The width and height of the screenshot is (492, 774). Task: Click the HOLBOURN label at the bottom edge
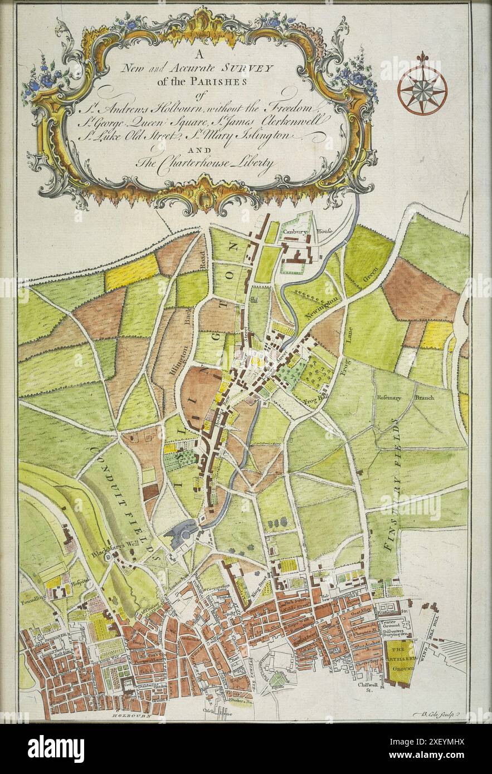coord(130,717)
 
